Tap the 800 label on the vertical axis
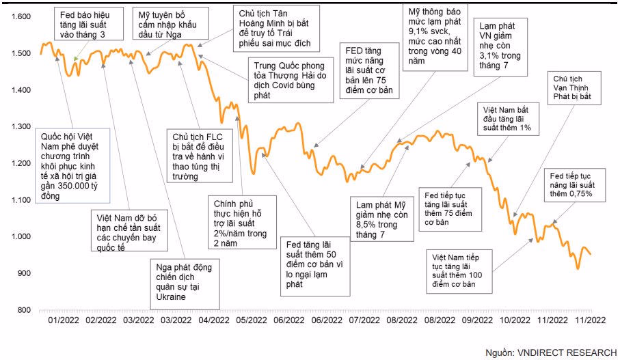pos(23,310)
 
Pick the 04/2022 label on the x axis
pos(214,320)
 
